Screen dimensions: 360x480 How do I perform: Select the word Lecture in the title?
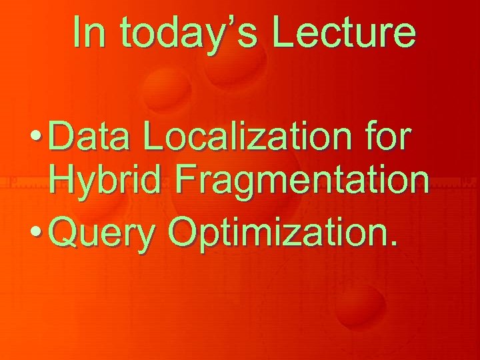[x=345, y=31]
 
